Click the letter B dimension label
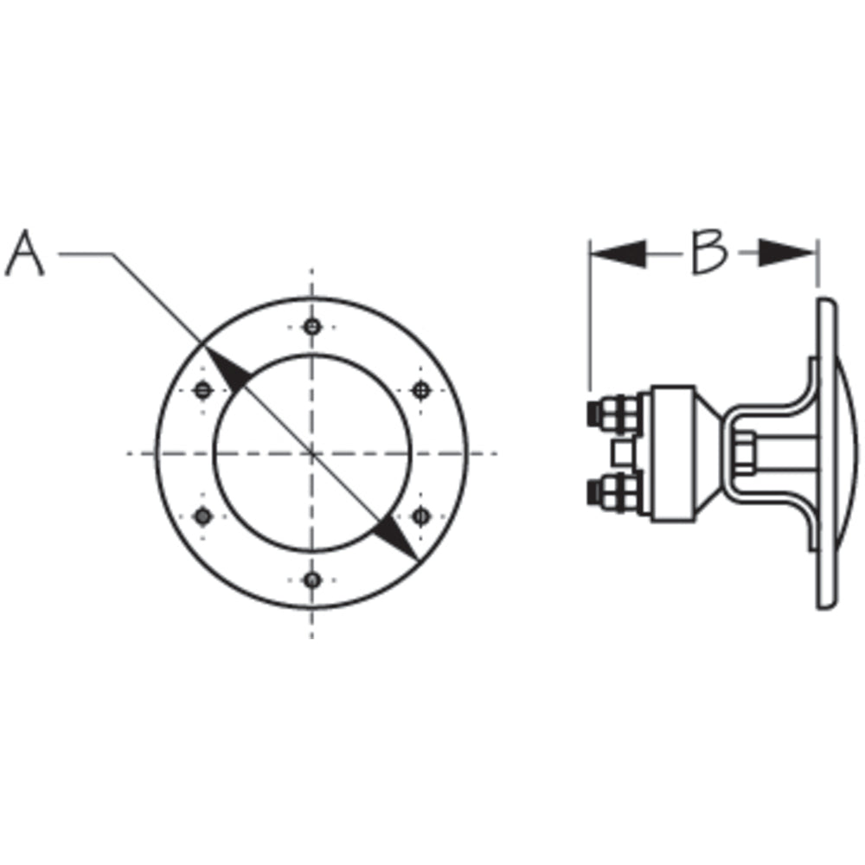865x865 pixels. (x=708, y=253)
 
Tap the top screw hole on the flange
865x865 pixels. (x=312, y=327)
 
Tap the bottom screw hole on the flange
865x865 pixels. (x=312, y=580)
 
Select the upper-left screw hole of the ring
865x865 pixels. (x=202, y=390)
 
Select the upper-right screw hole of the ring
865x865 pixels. (x=420, y=390)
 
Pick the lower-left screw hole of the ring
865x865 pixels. (x=202, y=516)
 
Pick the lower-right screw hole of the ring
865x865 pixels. (x=420, y=516)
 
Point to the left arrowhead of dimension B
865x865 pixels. (x=618, y=253)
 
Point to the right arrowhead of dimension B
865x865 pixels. (x=787, y=253)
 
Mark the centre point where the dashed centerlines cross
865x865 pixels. (x=312, y=452)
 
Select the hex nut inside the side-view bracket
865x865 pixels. (x=744, y=452)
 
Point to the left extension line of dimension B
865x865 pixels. (x=590, y=320)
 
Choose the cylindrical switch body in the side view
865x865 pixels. (x=672, y=452)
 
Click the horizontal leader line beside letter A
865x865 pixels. (x=85, y=253)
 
